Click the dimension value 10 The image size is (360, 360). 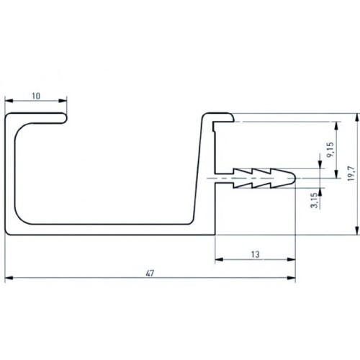point(37,95)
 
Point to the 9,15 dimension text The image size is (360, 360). point(329,150)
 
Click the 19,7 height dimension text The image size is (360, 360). point(350,173)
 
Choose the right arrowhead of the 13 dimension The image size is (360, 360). point(292,261)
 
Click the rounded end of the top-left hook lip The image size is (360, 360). point(67,116)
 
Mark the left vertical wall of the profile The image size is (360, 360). point(12,173)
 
